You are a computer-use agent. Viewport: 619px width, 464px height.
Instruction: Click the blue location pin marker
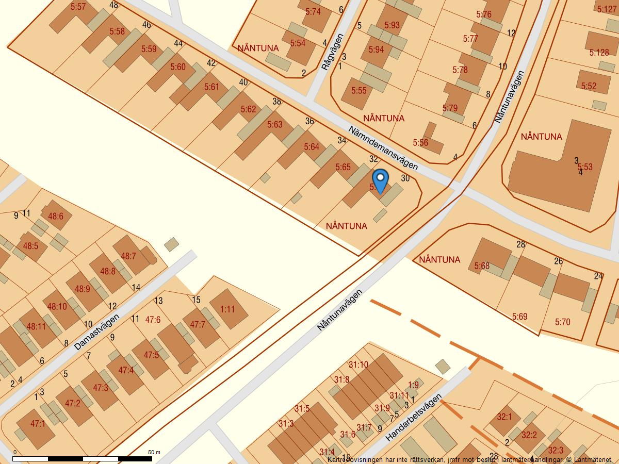pyautogui.click(x=380, y=181)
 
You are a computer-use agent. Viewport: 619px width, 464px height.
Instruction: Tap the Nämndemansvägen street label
pyautogui.click(x=382, y=148)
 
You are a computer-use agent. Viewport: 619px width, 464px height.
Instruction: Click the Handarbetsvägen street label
pyautogui.click(x=414, y=418)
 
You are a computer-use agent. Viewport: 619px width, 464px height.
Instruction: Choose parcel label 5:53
pyautogui.click(x=584, y=167)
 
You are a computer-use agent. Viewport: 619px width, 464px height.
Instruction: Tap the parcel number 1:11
pyautogui.click(x=227, y=309)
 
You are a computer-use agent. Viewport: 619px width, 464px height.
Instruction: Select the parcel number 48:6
pyautogui.click(x=55, y=217)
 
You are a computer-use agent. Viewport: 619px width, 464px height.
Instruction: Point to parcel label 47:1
pyautogui.click(x=38, y=424)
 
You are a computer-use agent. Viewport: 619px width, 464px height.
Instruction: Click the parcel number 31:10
pyautogui.click(x=358, y=365)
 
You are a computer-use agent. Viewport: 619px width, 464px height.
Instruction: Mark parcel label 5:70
pyautogui.click(x=562, y=322)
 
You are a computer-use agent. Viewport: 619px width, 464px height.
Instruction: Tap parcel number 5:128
pyautogui.click(x=598, y=53)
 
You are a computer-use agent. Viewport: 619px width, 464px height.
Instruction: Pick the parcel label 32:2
pyautogui.click(x=529, y=435)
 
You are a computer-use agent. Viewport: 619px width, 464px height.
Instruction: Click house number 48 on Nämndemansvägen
pyautogui.click(x=114, y=5)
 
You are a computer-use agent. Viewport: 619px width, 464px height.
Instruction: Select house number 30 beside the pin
pyautogui.click(x=405, y=178)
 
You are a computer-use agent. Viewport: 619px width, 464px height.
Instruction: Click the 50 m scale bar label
pyautogui.click(x=154, y=452)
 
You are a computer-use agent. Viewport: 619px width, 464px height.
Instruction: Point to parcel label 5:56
pyautogui.click(x=420, y=143)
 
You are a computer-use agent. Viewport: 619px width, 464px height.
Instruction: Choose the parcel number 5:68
pyautogui.click(x=482, y=266)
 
